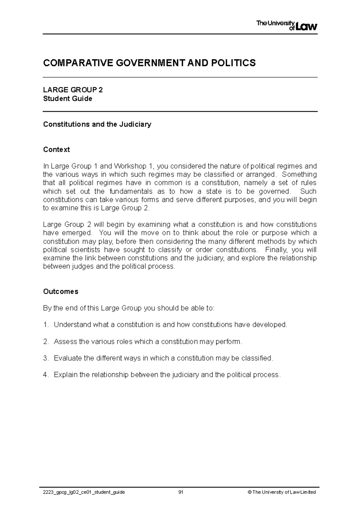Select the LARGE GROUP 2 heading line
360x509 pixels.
[73, 90]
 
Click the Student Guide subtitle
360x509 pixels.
[67, 99]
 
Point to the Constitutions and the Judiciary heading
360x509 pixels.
[97, 124]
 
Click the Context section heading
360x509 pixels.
[56, 150]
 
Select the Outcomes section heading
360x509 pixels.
[61, 291]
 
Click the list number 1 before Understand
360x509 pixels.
[45, 325]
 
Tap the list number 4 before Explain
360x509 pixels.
[45, 375]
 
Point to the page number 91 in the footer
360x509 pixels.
[181, 492]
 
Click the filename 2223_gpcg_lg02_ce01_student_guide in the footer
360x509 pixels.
[84, 492]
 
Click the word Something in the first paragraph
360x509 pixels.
[299, 174]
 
